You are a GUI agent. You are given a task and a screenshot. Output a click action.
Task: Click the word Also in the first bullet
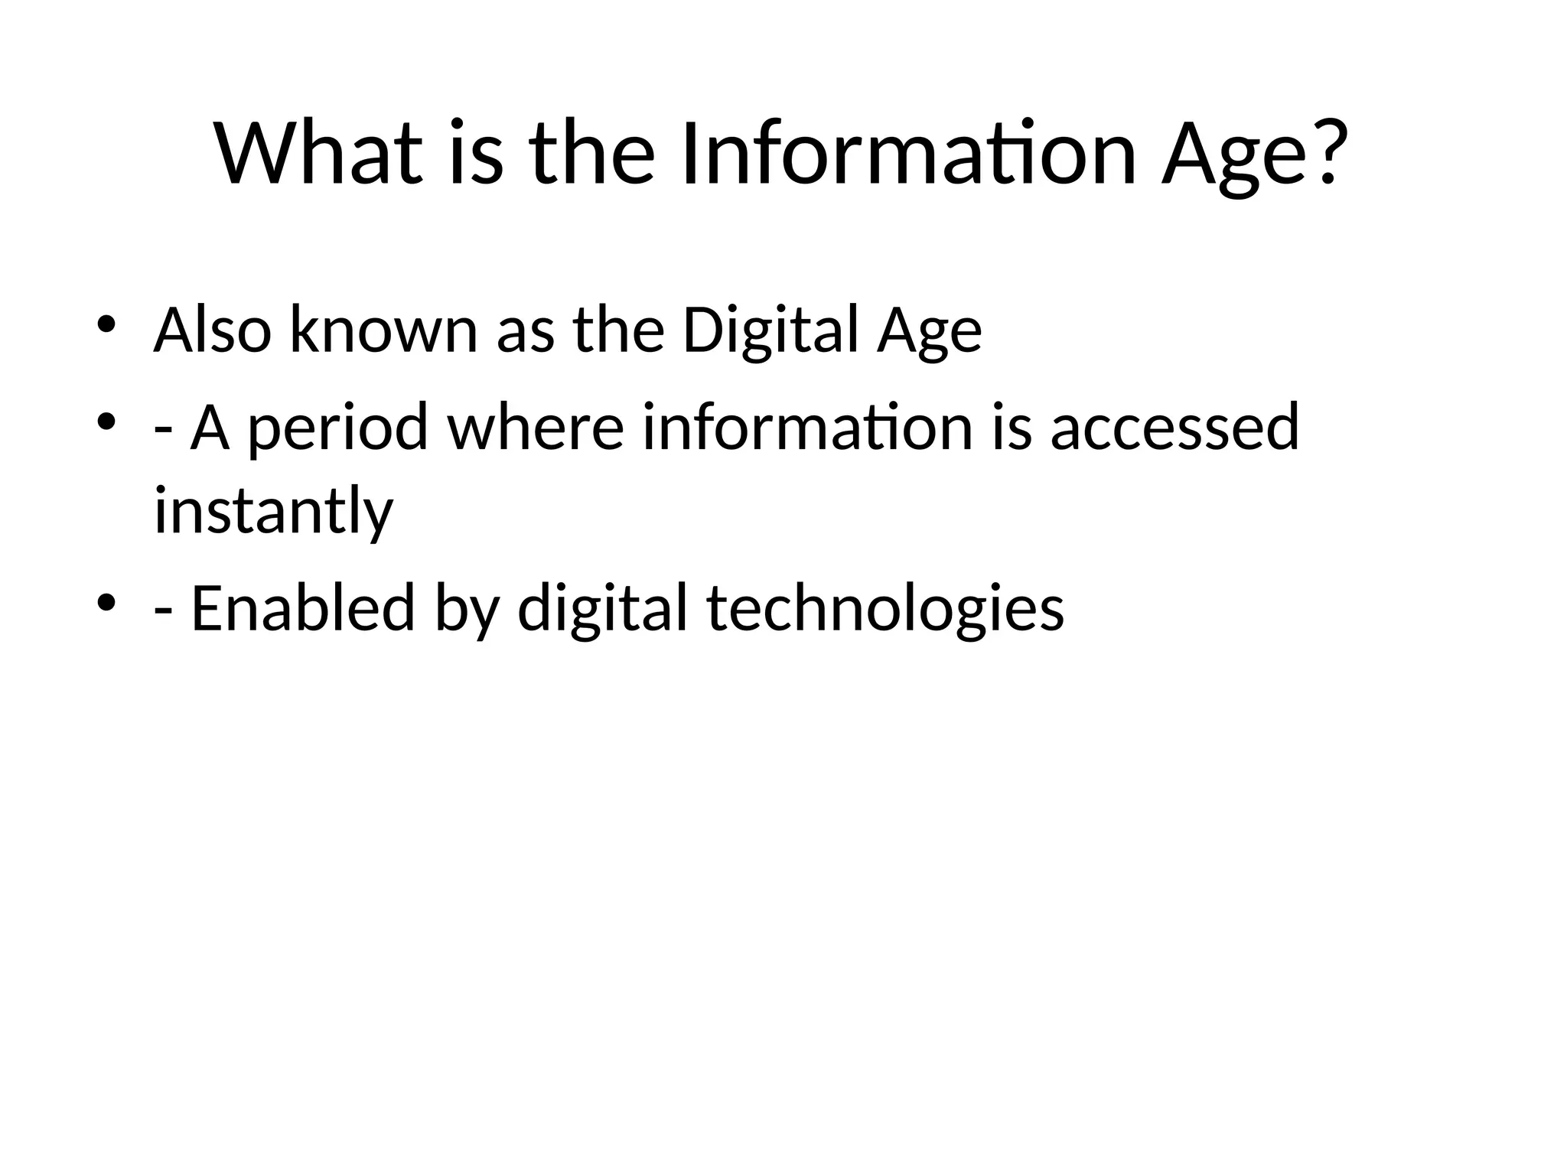point(212,330)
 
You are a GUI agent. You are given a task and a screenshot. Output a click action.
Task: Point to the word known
point(383,330)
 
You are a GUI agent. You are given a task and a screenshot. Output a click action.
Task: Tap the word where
point(536,427)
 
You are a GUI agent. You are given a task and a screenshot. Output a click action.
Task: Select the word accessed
point(1174,427)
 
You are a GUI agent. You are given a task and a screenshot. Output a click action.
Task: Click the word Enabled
point(302,608)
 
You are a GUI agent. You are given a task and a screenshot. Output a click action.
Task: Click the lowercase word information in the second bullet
point(807,427)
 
